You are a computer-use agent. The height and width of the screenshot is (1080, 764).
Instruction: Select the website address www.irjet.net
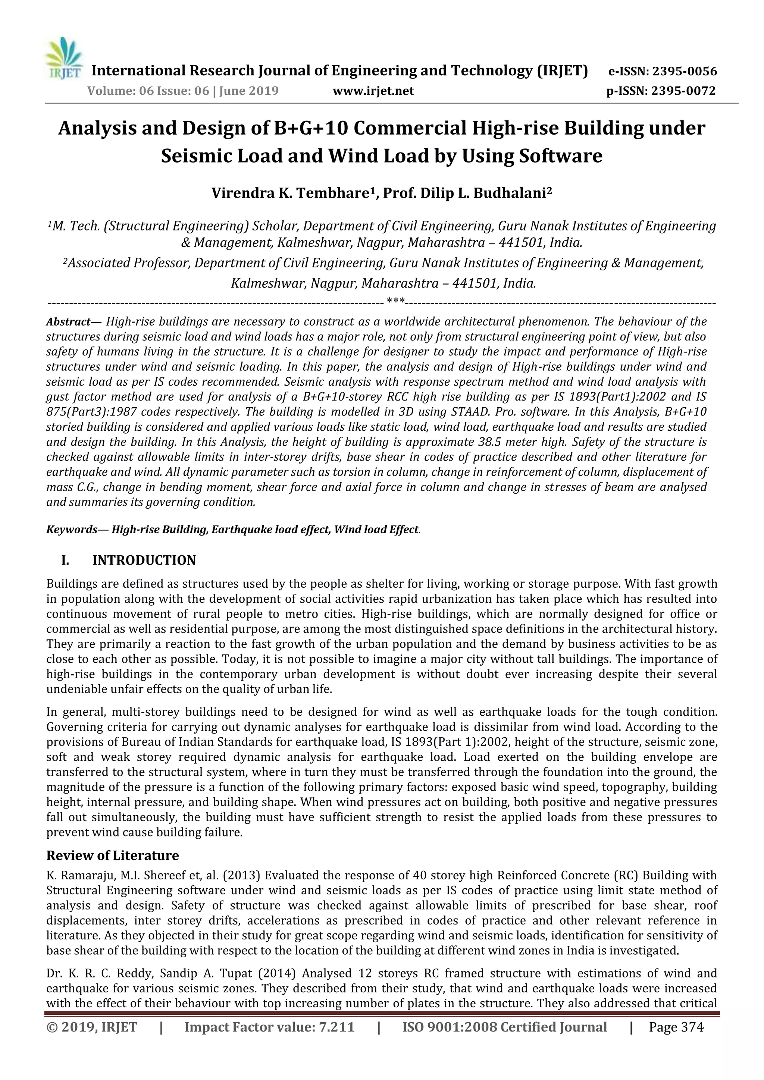373,91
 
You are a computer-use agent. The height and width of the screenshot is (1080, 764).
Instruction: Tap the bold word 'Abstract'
68,322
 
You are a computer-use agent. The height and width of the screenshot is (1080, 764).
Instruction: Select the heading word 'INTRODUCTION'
144,561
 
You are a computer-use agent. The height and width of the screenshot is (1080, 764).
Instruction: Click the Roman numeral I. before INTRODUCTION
65,561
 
